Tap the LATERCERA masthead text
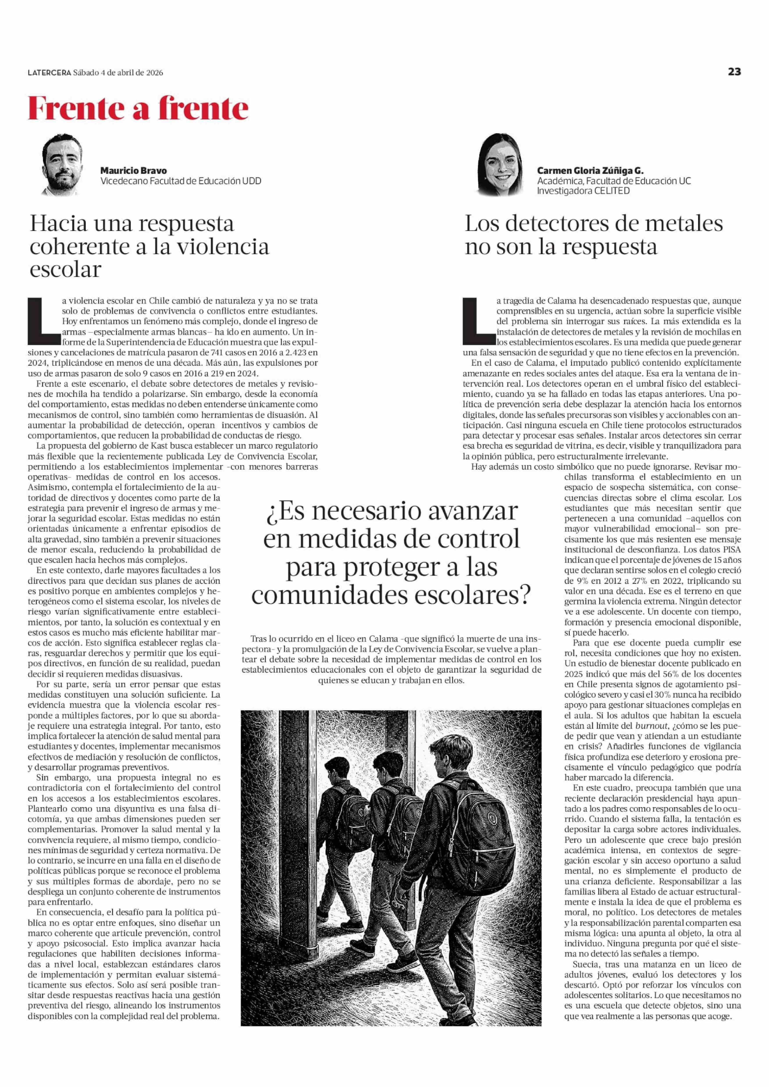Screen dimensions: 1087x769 (49, 73)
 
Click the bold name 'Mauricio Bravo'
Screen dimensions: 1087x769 (134, 171)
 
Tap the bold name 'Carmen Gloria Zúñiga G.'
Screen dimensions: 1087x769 (590, 171)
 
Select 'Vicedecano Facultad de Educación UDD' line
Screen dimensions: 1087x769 (180, 181)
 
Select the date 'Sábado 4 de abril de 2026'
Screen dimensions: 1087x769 (118, 73)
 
